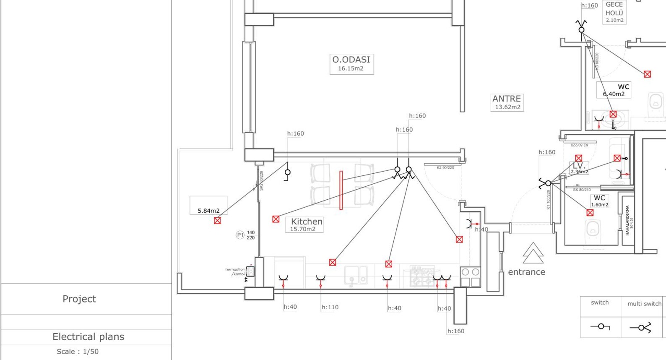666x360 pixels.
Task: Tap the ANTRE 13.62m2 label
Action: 507,102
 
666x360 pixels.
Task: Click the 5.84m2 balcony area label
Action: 208,211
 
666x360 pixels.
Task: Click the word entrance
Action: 526,272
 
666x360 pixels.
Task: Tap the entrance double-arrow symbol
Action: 533,253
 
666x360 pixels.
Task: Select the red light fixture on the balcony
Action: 217,220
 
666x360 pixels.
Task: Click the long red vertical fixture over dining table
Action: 341,190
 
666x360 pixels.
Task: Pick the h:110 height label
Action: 330,307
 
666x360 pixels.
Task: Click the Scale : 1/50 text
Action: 78,352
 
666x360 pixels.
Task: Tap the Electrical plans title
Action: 88,337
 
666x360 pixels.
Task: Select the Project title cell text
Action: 79,299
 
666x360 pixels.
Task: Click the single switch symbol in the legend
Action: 600,326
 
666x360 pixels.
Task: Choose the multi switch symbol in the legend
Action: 641,327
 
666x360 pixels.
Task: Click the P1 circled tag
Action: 240,235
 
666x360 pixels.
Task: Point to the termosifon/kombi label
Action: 235,271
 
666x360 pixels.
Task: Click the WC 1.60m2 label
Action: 599,201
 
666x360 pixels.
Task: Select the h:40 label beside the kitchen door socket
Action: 481,230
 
